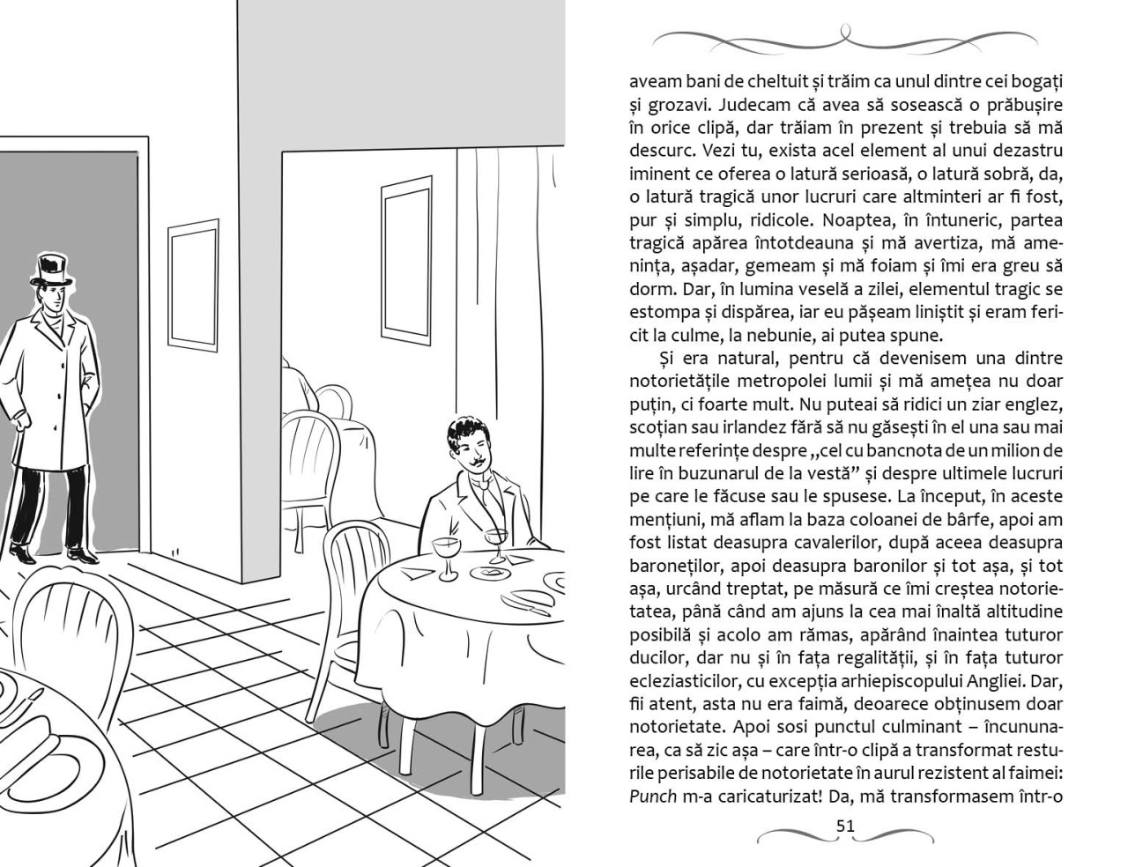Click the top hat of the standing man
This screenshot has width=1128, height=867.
[50, 269]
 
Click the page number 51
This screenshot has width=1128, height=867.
[845, 826]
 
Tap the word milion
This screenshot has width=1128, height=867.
[995, 450]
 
